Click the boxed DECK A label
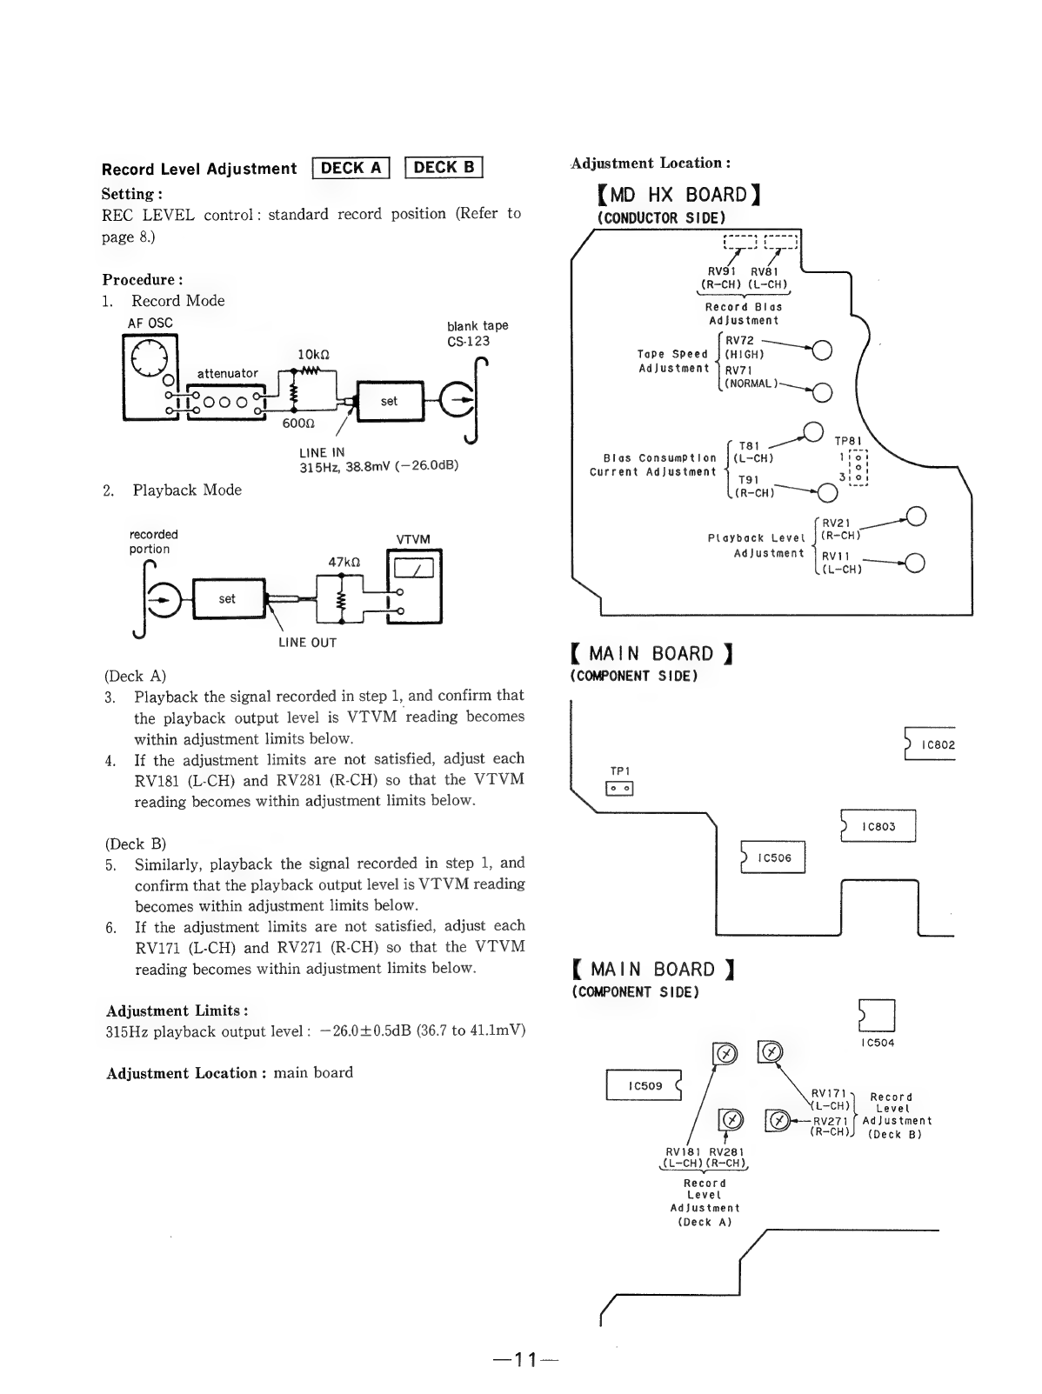(x=351, y=168)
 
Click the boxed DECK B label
(x=444, y=167)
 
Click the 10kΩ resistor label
(x=314, y=355)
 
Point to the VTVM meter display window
(x=413, y=567)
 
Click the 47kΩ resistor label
(x=344, y=562)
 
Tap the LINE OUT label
(x=307, y=642)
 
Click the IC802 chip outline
(x=930, y=744)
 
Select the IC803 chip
(x=878, y=825)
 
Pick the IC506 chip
(x=772, y=857)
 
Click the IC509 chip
(x=644, y=1084)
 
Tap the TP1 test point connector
(x=620, y=788)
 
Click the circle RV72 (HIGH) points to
(x=822, y=350)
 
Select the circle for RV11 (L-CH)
(x=914, y=563)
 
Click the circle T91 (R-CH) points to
(x=827, y=492)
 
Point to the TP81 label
(x=848, y=441)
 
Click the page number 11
(x=525, y=1359)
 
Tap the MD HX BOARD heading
(x=678, y=194)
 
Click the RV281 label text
(x=726, y=1151)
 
